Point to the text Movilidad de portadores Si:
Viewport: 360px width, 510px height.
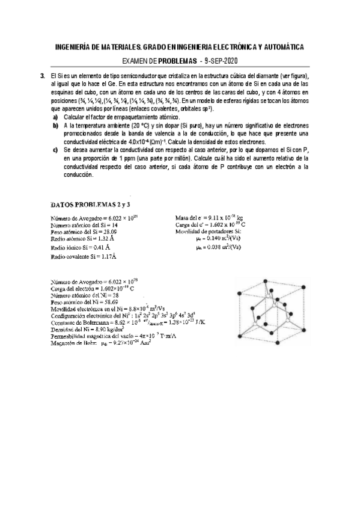208,231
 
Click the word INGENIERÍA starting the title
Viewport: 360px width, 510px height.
75,47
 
